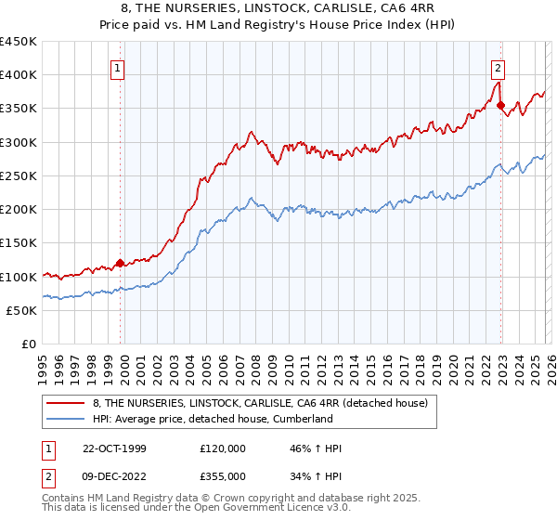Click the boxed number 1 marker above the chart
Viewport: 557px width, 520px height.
[x=119, y=67]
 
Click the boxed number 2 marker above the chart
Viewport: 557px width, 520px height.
[x=499, y=67]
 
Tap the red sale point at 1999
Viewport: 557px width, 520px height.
[x=121, y=263]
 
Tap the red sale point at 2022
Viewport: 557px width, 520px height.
[x=501, y=105]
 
